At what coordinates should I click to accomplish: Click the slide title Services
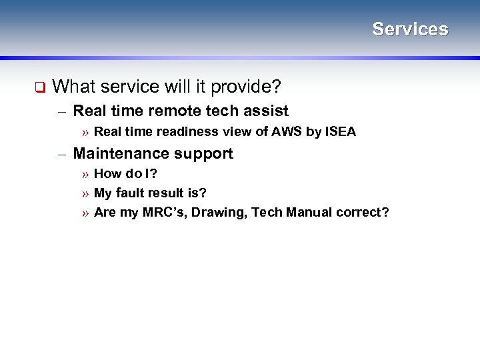[410, 29]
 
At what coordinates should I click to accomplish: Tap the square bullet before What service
[39, 87]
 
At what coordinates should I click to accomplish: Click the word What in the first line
[71, 86]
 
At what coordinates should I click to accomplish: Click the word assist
[267, 111]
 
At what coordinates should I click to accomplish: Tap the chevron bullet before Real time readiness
[85, 132]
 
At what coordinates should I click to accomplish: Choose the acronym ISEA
[341, 132]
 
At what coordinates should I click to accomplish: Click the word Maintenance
[121, 154]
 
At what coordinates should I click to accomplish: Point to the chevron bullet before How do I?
[85, 175]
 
